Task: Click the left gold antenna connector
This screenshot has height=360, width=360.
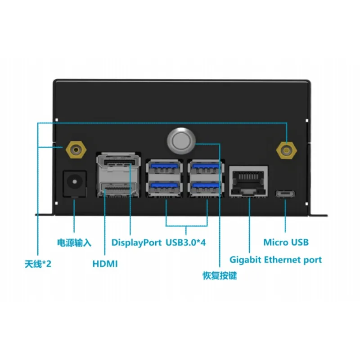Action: pos(76,150)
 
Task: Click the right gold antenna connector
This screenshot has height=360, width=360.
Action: pos(286,151)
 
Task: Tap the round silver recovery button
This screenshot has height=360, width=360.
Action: pos(181,141)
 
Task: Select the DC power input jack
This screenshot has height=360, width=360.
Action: pos(75,184)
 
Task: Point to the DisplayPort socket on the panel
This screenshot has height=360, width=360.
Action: pos(118,163)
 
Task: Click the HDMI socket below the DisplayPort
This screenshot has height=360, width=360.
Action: pos(117,189)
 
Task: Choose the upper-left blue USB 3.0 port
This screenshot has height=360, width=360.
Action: pos(164,167)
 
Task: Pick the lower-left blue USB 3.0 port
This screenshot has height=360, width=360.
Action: pos(164,188)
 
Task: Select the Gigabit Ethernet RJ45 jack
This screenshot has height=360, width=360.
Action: pos(248,181)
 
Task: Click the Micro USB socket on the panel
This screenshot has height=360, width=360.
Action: pos(285,194)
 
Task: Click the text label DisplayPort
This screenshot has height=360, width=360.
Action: pos(136,243)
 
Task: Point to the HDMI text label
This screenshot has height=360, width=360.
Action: pos(105,264)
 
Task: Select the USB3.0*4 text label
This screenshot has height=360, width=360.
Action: pos(186,242)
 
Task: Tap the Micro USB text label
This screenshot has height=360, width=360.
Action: pos(286,242)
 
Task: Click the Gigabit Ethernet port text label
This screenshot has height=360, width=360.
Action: pos(275,261)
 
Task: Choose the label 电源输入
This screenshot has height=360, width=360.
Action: pos(74,243)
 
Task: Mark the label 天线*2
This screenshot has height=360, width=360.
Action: pos(38,264)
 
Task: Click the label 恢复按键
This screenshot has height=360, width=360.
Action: pos(220,276)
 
